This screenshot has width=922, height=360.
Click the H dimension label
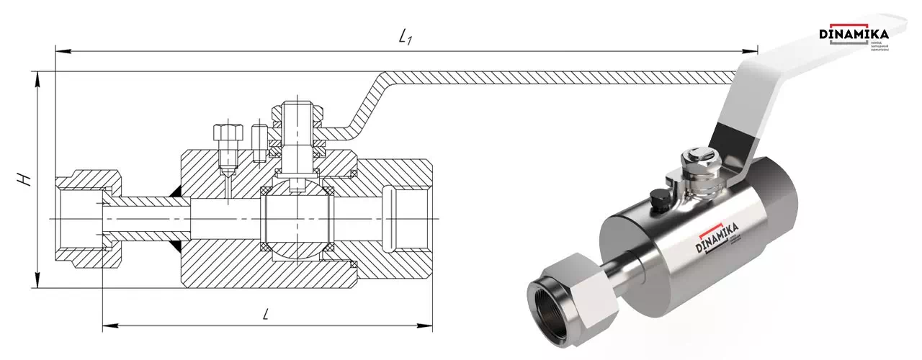[27, 179]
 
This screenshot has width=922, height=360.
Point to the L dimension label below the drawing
[266, 314]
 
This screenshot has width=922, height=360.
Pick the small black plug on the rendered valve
[658, 198]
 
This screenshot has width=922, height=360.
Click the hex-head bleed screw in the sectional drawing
[225, 134]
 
